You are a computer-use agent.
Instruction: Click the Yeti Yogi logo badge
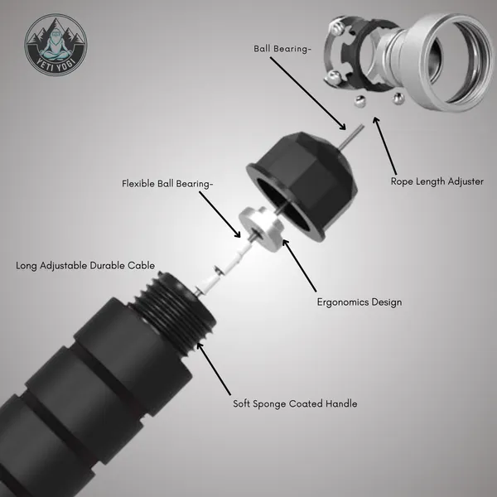55,45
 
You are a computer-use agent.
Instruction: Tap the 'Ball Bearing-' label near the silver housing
282,49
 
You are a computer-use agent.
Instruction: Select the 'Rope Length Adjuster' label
437,181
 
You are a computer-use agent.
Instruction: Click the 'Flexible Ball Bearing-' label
167,184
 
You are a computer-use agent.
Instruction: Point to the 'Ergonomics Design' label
359,302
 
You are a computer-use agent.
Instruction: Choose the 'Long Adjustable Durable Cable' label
85,266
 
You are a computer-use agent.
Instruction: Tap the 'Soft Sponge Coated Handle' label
295,404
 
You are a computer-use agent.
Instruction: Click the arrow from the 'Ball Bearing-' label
308,94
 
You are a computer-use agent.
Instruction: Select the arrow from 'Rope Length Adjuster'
385,146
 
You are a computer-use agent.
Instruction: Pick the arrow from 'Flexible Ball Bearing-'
220,215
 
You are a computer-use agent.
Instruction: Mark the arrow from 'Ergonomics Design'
300,265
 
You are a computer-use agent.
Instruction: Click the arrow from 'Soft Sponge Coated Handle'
214,369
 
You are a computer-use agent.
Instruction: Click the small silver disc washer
262,229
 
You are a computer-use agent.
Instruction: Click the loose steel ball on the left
359,101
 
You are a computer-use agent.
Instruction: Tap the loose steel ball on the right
398,99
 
